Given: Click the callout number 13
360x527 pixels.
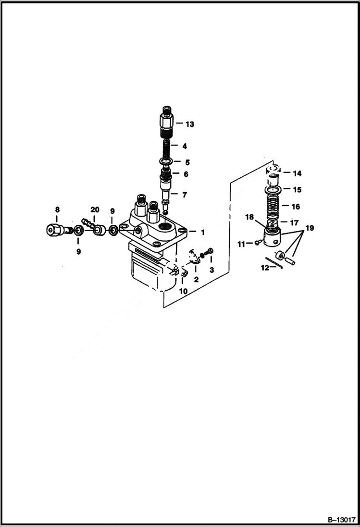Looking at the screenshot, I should pyautogui.click(x=189, y=124).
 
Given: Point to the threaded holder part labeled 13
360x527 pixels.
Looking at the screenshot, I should pyautogui.click(x=166, y=123).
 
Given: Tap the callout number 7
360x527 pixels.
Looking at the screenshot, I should pyautogui.click(x=185, y=195).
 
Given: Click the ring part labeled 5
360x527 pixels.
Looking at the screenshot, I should pyautogui.click(x=166, y=161).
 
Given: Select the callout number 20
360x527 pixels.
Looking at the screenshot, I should pyautogui.click(x=95, y=210).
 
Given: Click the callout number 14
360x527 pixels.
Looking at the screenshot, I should pyautogui.click(x=297, y=173).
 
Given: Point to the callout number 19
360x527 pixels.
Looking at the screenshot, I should pyautogui.click(x=310, y=228).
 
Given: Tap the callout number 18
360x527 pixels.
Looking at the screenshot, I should pyautogui.click(x=249, y=217).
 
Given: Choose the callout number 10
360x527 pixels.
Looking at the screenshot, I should pyautogui.click(x=183, y=291).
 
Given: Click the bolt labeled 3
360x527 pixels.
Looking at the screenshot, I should pyautogui.click(x=210, y=252).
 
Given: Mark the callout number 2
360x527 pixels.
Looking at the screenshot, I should pyautogui.click(x=196, y=279).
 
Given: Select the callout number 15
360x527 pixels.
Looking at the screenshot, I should pyautogui.click(x=297, y=190).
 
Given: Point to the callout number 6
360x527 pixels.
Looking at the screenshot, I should pyautogui.click(x=185, y=174).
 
